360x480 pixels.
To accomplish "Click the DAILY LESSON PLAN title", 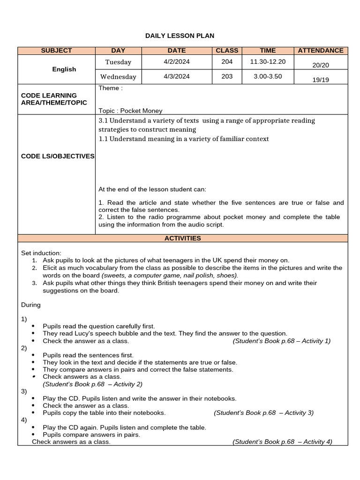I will coord(180,36).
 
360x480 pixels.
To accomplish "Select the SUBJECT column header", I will coord(56,51).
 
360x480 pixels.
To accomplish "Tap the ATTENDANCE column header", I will coord(321,51).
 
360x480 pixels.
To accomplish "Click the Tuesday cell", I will coord(118,62).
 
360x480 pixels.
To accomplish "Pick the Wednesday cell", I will coord(118,76).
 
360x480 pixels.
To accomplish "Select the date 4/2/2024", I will coord(176,61).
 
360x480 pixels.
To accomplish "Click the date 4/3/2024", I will coord(176,76).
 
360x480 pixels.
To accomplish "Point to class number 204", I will coord(227,61).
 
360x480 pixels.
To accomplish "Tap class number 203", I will coord(227,76).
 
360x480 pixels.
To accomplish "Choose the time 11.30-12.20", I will coord(268,61).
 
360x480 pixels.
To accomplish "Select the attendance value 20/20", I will coord(321,66).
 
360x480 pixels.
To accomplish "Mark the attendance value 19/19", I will coord(321,80).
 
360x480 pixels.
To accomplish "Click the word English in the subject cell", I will coord(64,69).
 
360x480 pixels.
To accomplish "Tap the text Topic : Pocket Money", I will coord(130,111).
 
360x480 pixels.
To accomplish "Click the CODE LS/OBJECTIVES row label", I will coord(58,156).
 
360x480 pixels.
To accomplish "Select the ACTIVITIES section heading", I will coord(182,238).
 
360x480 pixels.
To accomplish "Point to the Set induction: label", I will coord(41,253).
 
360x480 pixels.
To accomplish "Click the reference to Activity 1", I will coord(281,341).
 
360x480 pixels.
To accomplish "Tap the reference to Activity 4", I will coord(282,442).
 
